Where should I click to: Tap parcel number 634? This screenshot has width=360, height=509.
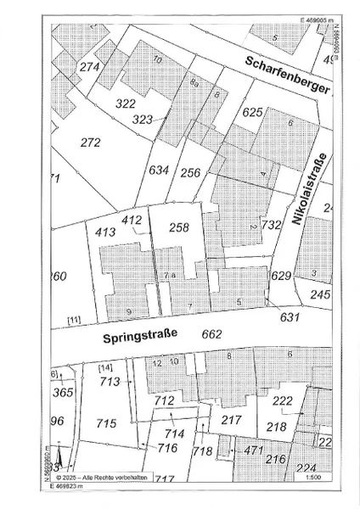click(159, 170)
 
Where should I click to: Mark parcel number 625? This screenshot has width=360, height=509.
click(253, 112)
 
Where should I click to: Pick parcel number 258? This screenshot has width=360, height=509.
click(179, 227)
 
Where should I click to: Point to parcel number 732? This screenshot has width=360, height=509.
click(271, 225)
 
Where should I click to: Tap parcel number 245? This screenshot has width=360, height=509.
click(318, 294)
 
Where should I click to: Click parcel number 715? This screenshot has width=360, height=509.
click(106, 422)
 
